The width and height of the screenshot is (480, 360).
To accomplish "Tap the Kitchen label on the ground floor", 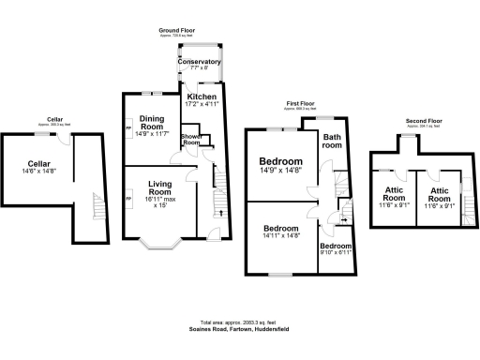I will click(202, 96).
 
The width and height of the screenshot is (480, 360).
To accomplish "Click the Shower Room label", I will click(192, 140).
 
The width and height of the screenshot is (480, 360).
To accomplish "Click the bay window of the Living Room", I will click(159, 247).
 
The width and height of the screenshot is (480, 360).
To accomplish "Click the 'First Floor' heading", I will click(300, 106).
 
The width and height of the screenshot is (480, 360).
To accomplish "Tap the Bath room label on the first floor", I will click(332, 141).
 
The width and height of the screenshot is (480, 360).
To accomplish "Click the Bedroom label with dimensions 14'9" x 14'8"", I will click(281, 161).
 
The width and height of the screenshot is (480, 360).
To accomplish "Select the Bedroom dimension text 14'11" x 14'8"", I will click(281, 237).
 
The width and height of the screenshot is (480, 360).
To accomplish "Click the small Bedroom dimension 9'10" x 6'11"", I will click(335, 252).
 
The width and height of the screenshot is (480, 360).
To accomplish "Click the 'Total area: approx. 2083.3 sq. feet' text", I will click(239, 322).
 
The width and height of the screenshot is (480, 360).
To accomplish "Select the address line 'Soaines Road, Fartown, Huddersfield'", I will click(239, 330).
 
